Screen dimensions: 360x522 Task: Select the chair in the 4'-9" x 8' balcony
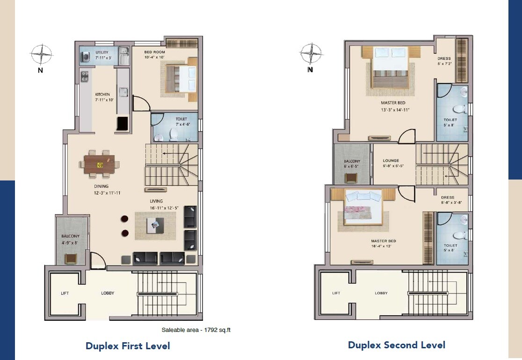coord(71,259)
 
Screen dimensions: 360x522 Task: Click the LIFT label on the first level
coord(65,294)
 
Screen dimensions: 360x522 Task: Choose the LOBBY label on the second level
coord(381,293)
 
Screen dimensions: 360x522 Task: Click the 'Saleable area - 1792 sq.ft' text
coord(196,330)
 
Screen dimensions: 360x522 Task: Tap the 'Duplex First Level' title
coord(128,346)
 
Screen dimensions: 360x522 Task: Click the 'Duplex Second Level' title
coord(396,345)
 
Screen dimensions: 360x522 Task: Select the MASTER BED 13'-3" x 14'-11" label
coord(392,106)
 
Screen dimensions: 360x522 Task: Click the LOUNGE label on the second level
coord(390,163)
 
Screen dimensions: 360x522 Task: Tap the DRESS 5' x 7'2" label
coord(444,61)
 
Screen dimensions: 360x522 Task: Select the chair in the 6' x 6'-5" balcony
coord(351,178)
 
